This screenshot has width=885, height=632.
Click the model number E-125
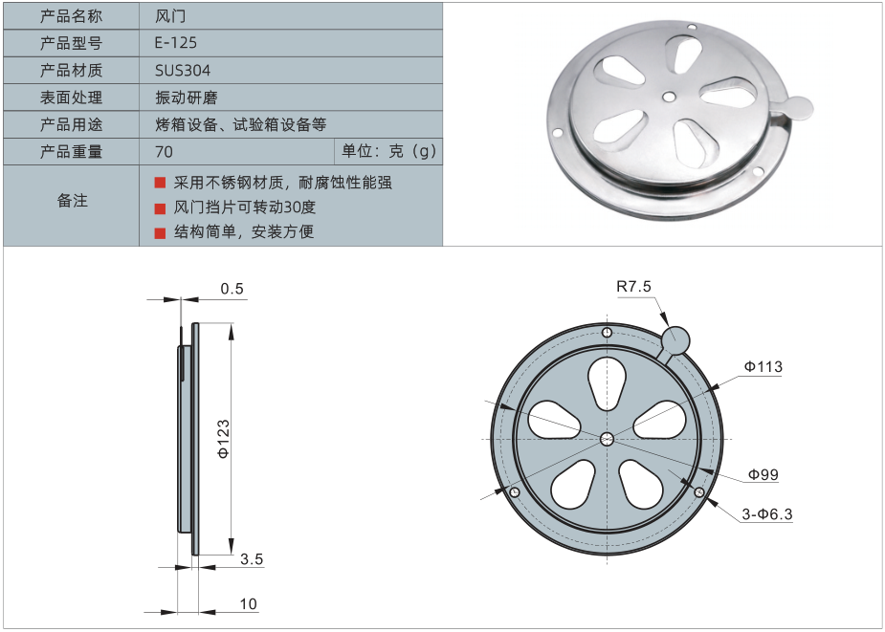point(176,43)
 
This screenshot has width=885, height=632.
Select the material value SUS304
point(183,70)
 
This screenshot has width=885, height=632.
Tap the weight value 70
point(164,151)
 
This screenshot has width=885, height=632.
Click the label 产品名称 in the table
point(72,16)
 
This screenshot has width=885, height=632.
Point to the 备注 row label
point(72,201)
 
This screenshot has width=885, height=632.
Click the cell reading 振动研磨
point(182,98)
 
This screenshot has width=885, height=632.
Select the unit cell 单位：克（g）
point(388,151)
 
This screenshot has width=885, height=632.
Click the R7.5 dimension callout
point(633,286)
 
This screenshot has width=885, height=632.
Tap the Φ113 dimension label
point(764,366)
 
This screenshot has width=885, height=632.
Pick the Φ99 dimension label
point(763,474)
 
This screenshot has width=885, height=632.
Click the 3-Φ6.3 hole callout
point(767,514)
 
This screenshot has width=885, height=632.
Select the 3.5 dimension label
point(251,557)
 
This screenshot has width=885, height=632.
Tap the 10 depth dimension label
point(249,603)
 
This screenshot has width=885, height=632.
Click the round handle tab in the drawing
point(676,339)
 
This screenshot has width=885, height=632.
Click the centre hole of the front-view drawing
point(607,439)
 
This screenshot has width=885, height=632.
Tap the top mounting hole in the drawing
point(607,332)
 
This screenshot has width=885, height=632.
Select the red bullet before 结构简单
point(161,231)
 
